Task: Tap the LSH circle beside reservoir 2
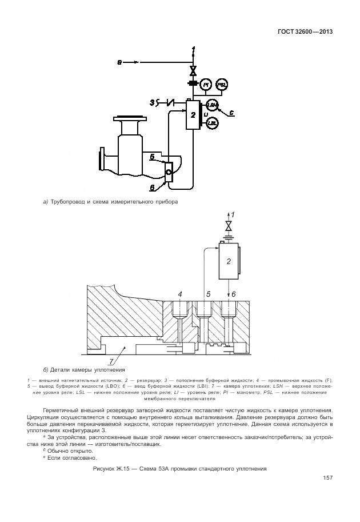click(x=212, y=105)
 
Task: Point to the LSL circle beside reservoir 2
click(x=212, y=122)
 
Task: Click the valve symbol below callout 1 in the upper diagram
click(x=194, y=71)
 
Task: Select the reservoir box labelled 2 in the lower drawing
click(x=229, y=261)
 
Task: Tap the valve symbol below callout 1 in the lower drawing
click(x=229, y=224)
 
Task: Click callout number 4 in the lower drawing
click(x=180, y=294)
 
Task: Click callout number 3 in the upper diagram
click(x=152, y=103)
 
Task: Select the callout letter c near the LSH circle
click(x=230, y=113)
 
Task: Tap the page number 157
click(x=327, y=478)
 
